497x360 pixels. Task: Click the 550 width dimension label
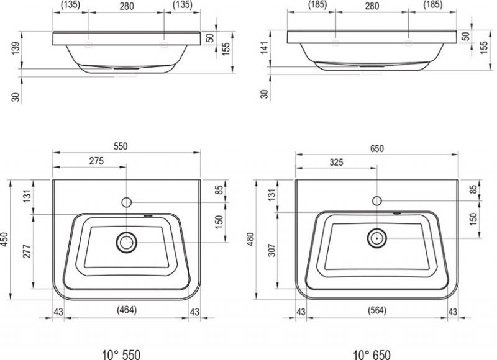(x=121, y=146)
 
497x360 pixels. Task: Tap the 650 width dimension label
(x=376, y=148)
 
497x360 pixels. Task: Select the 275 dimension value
(x=96, y=161)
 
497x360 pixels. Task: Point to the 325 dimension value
(x=336, y=162)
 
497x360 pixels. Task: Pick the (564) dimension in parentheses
(x=377, y=310)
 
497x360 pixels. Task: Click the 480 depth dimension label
(x=250, y=240)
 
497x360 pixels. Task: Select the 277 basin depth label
(x=27, y=251)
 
